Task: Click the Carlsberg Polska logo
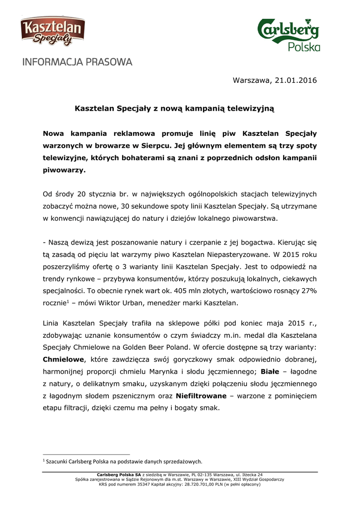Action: point(288,34)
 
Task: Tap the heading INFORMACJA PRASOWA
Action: point(76,63)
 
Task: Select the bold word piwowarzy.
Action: point(65,170)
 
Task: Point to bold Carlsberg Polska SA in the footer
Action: point(119,475)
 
